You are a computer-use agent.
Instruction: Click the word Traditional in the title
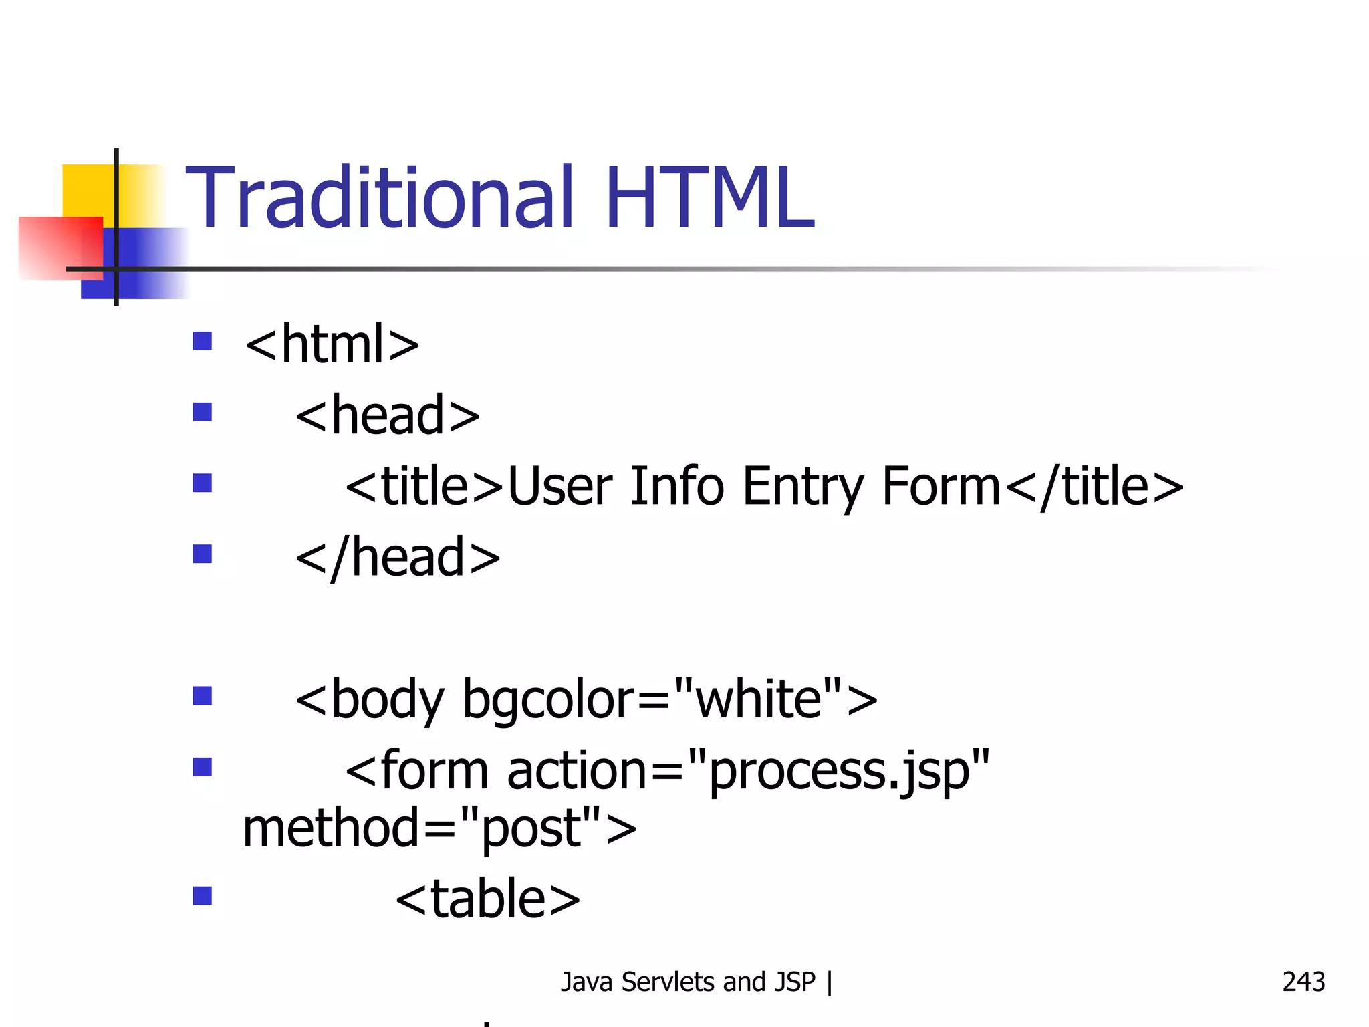coord(379,198)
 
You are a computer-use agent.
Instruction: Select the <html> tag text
coord(332,344)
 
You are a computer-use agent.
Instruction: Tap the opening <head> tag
coord(388,415)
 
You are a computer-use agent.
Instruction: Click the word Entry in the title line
coord(803,487)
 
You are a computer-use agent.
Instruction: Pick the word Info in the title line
coord(676,486)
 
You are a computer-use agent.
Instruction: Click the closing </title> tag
coord(1094,487)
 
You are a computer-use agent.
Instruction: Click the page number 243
coord(1303,982)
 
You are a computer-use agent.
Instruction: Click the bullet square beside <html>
coord(202,341)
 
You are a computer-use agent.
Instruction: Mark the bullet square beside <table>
coord(202,895)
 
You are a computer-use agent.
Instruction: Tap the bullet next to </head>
coord(202,554)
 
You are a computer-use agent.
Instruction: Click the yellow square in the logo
coord(87,191)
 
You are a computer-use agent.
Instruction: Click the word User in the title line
coord(560,487)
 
